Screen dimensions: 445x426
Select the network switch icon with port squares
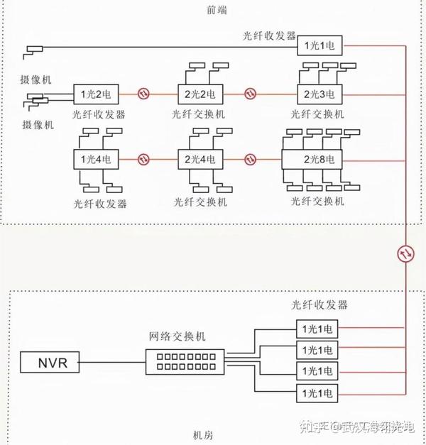pos(182,362)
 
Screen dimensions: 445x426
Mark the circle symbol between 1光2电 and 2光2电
pos(143,93)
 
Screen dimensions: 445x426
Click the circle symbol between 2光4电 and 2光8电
pos(251,159)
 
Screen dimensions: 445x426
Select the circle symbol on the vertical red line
pos(404,253)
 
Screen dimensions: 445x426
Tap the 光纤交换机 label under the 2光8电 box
pos(317,201)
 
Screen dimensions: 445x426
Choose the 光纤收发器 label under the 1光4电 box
pos(99,203)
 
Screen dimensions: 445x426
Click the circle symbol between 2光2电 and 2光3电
pos(251,93)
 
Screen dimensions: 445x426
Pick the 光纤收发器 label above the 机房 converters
pos(319,305)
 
